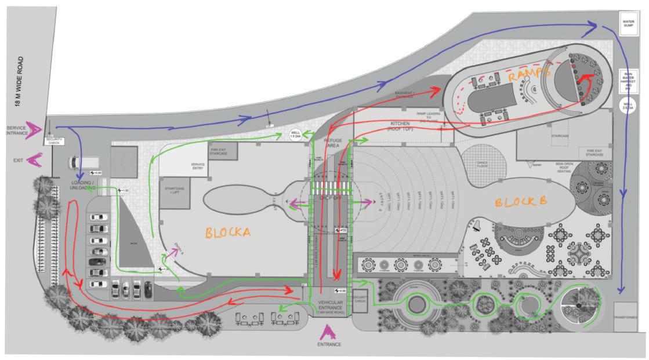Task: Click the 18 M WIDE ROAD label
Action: click(x=20, y=81)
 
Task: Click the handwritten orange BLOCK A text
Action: click(x=227, y=232)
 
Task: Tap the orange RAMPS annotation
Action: click(x=529, y=75)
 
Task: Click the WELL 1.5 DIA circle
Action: click(x=295, y=136)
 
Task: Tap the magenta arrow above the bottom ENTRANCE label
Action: click(x=328, y=332)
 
